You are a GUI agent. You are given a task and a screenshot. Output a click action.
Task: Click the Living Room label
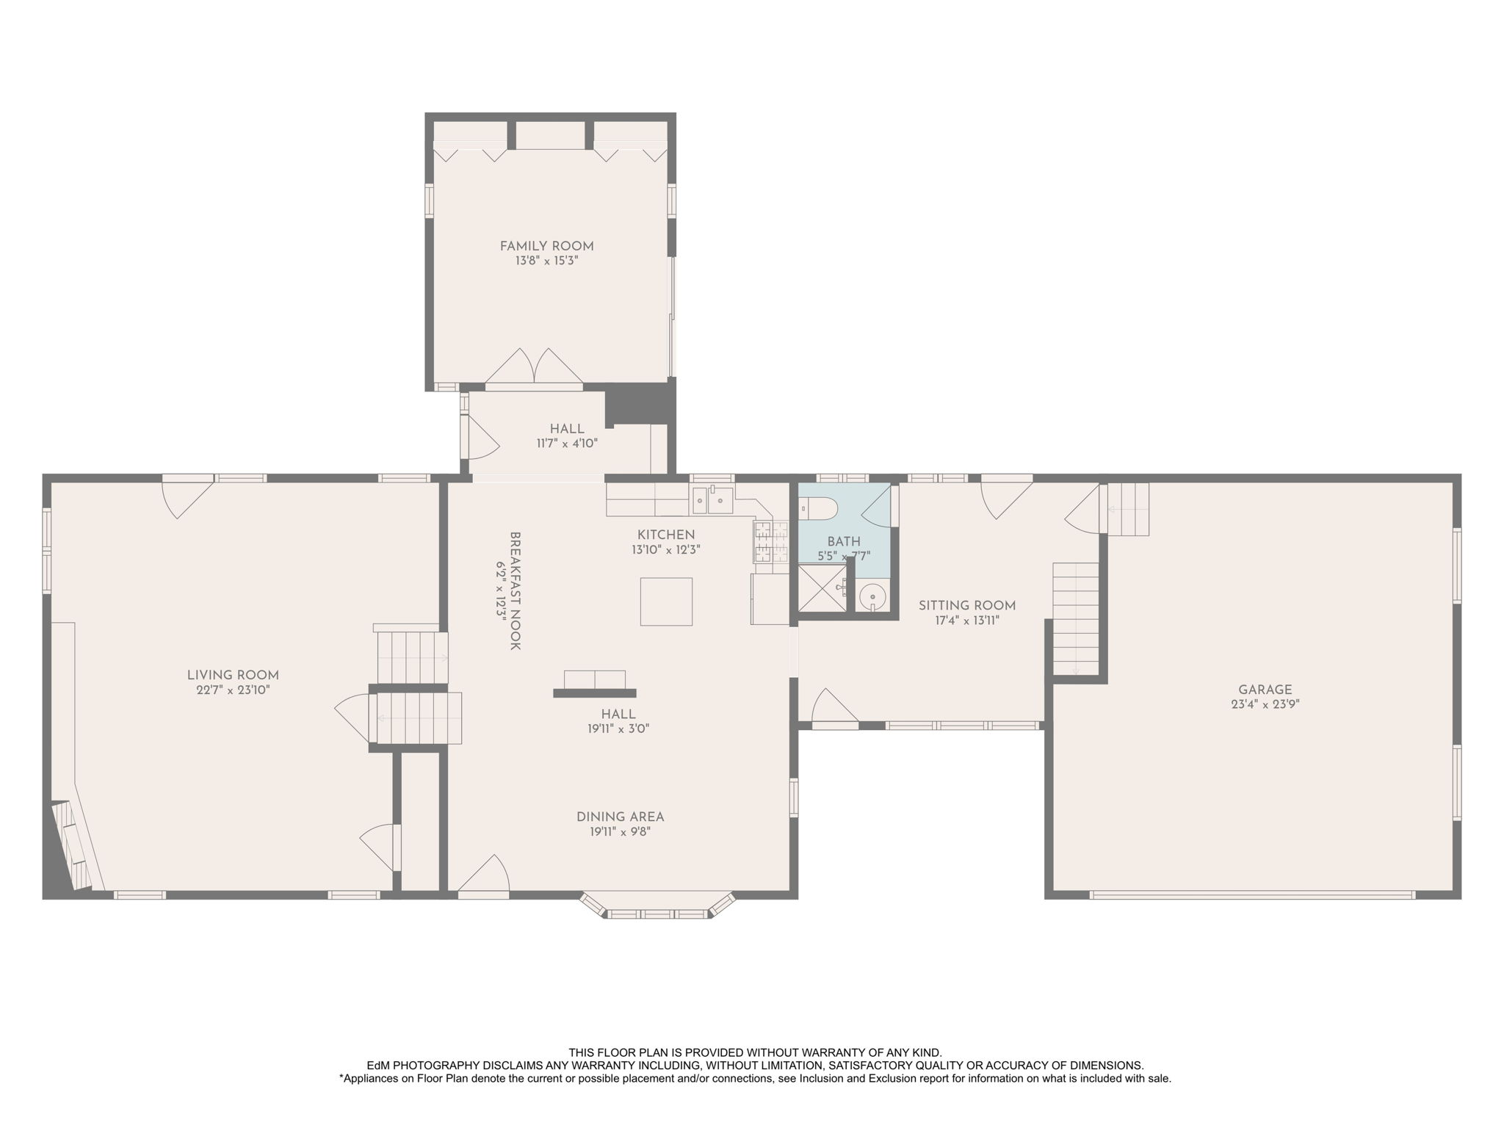pos(233,675)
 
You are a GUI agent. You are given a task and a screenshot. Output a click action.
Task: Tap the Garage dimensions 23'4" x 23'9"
pos(1265,704)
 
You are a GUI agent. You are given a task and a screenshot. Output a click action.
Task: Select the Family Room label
pos(546,246)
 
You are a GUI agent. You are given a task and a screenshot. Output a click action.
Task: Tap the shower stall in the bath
pos(822,587)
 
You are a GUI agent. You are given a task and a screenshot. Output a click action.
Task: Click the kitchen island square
pos(666,601)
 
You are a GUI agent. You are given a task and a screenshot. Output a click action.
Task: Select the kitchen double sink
pos(712,500)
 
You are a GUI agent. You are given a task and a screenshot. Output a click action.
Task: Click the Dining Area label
pos(620,817)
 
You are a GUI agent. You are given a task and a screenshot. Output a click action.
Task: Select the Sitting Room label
pos(967,605)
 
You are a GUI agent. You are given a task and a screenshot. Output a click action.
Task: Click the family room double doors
pos(534,367)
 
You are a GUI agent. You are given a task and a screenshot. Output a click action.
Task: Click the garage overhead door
pos(1252,894)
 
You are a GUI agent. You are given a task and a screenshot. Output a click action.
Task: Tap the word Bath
pos(844,542)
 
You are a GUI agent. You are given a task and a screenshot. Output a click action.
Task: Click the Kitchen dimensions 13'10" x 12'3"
pos(665,549)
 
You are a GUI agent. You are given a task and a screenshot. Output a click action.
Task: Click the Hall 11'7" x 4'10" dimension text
pos(567,444)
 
